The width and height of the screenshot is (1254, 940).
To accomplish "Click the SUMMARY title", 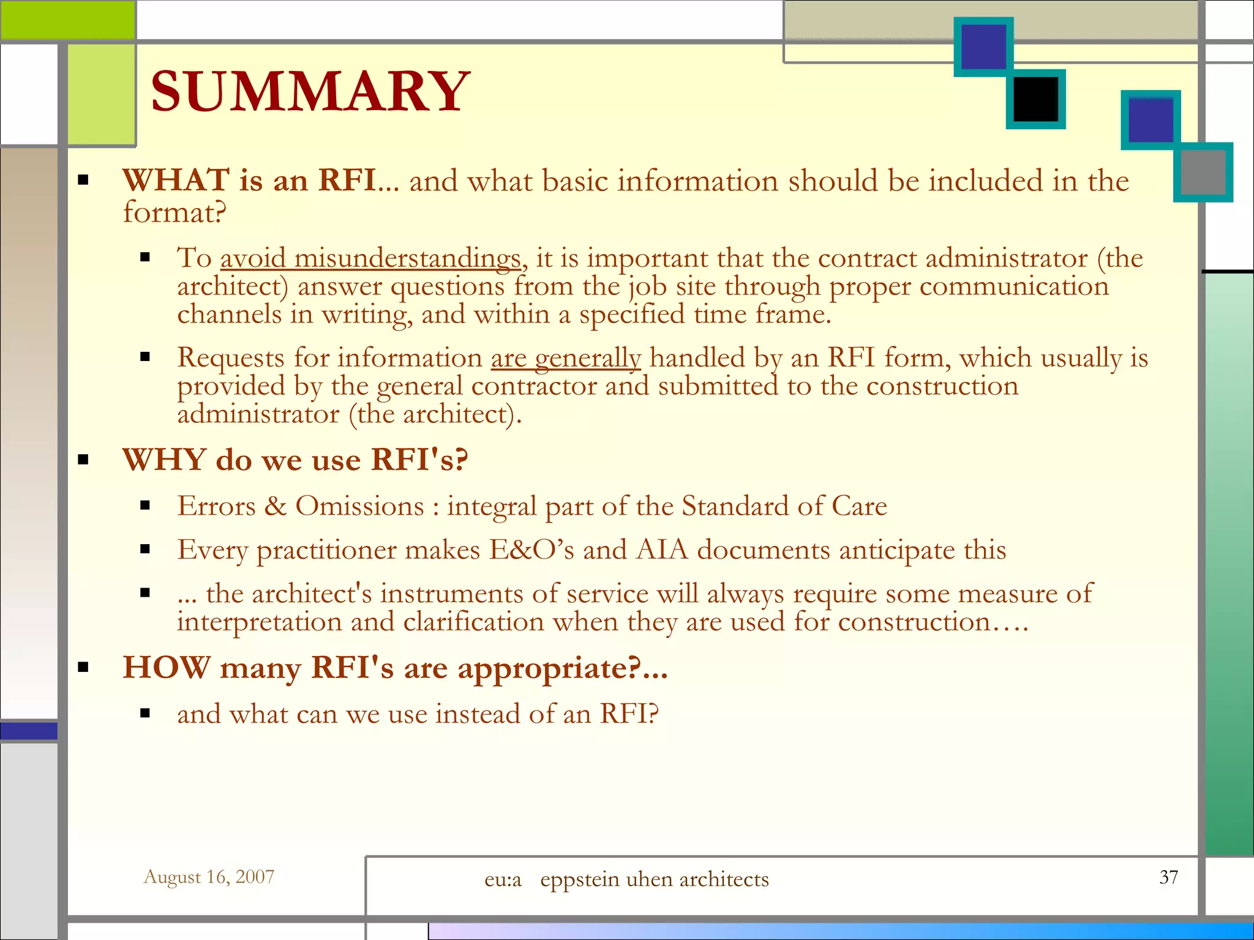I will click(310, 92).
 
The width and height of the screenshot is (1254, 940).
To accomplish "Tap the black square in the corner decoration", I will click(1035, 99).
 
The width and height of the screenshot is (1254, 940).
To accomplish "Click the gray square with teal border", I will click(1203, 172).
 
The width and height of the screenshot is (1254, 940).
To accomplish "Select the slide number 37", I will click(1168, 877).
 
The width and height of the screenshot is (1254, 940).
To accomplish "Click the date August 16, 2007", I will click(209, 877).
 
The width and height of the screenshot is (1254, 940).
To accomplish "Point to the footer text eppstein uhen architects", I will click(654, 879).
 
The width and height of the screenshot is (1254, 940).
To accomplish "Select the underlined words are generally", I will click(566, 358).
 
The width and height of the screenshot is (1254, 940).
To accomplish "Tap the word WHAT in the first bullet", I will click(176, 181).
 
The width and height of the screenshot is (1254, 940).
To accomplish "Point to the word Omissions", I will click(359, 506).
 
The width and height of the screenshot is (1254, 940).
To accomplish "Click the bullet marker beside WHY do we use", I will click(84, 460).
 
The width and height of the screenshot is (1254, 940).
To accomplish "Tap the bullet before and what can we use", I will click(145, 713).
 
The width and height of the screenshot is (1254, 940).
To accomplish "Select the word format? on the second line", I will click(175, 212).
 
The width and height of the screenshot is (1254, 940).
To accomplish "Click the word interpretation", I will click(259, 622).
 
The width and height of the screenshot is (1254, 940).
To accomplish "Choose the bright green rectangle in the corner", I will click(67, 20).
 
